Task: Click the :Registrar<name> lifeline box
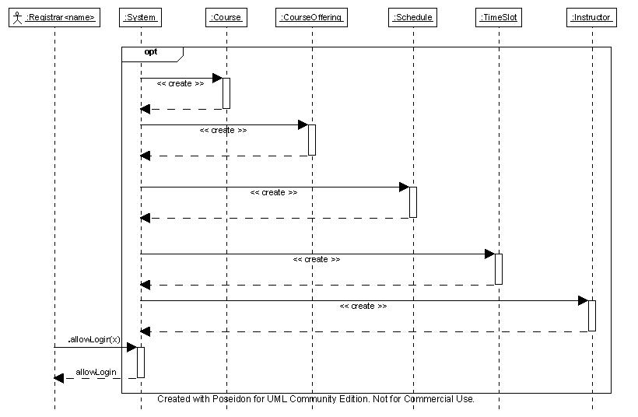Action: coord(54,17)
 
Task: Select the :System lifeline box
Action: coord(140,17)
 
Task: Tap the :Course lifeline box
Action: coord(226,17)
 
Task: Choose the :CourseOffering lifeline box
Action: coord(312,17)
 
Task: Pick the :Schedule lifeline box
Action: coord(412,17)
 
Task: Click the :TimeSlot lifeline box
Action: coord(499,17)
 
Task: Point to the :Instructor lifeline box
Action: coord(591,17)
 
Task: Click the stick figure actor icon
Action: coord(17,17)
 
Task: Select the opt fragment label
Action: coord(151,51)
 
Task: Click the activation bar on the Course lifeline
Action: coord(226,93)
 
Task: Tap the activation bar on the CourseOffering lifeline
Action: coord(312,140)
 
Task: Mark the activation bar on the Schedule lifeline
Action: coord(413,202)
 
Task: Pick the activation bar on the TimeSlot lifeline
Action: coord(499,269)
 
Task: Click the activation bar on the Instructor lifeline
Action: coord(592,316)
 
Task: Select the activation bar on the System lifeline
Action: coord(141,362)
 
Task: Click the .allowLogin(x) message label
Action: coord(94,339)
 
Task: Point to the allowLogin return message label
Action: coord(96,372)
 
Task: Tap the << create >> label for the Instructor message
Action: coord(363,306)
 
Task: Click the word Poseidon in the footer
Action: coord(232,398)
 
